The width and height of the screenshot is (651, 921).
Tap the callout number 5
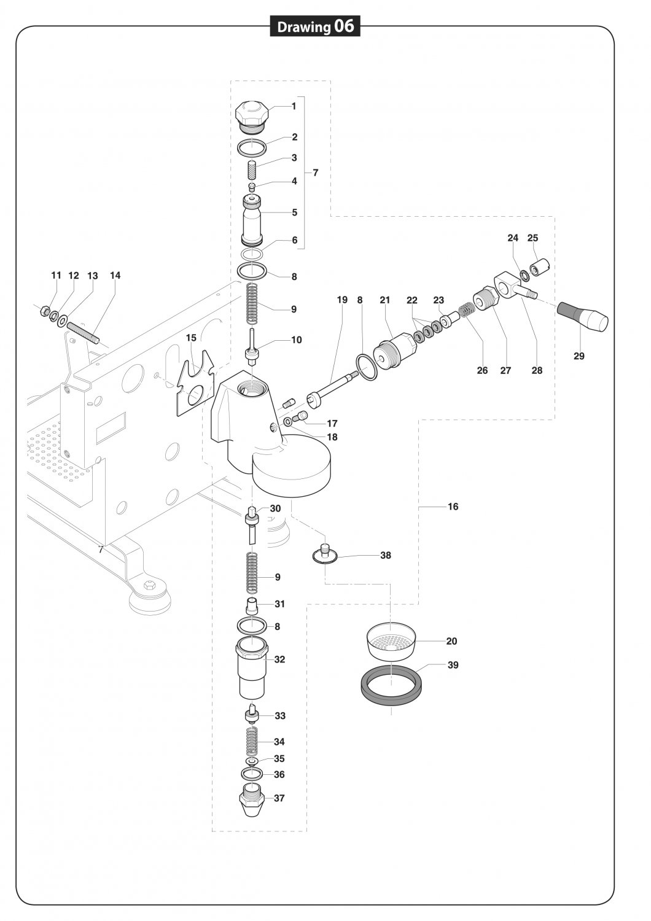[x=295, y=212]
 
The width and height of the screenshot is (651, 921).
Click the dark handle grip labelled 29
[x=583, y=316]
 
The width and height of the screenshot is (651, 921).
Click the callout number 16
[x=453, y=507]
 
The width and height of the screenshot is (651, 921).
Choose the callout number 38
[x=386, y=555]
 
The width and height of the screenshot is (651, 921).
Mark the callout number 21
[x=385, y=300]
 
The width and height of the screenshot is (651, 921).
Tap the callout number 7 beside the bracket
[x=316, y=173]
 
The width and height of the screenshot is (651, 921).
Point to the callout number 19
[x=342, y=300]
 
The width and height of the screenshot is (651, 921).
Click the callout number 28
[x=537, y=370]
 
